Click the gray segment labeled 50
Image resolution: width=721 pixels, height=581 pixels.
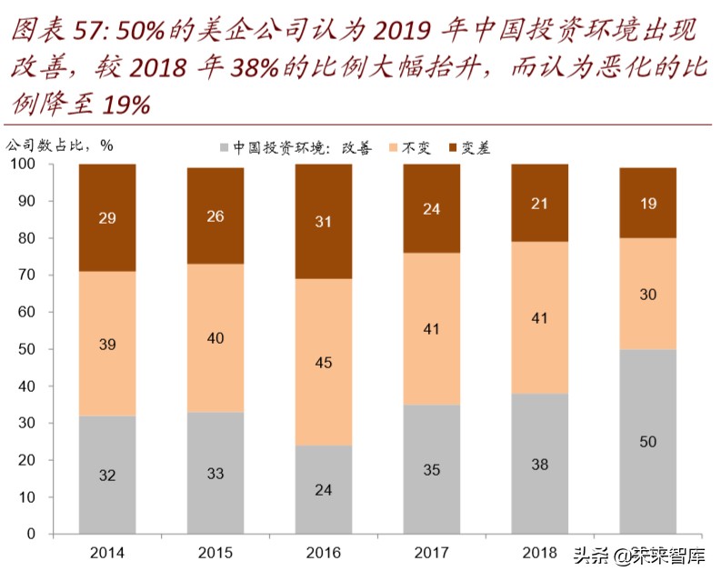[x=647, y=441]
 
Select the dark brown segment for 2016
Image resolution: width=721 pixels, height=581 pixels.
[x=324, y=221]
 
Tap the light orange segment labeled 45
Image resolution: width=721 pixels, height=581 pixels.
[x=324, y=363]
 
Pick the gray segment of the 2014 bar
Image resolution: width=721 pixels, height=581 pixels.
[x=107, y=475]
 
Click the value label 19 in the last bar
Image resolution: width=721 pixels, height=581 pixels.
[x=648, y=204]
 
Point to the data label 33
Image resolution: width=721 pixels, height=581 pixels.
[x=215, y=473]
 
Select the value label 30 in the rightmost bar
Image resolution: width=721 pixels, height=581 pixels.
[x=648, y=295]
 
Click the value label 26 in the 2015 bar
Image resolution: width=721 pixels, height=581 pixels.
[x=215, y=216]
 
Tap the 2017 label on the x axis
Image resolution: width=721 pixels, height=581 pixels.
[x=432, y=553]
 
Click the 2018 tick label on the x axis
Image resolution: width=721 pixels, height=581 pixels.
[x=540, y=553]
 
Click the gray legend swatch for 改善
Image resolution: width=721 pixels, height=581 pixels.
[x=225, y=147]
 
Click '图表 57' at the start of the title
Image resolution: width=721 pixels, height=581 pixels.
[x=50, y=33]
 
